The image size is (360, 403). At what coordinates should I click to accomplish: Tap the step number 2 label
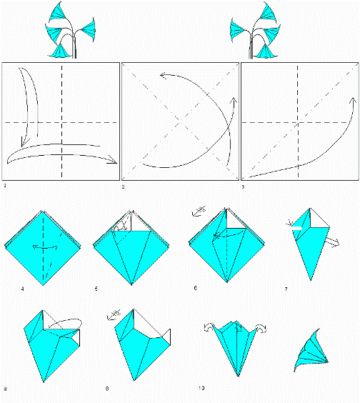124,186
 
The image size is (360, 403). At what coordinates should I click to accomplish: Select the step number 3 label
244,186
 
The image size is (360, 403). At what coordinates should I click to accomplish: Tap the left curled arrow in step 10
211,328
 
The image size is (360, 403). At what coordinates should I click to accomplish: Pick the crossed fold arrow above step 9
112,312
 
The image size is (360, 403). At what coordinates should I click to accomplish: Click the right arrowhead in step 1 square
113,160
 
